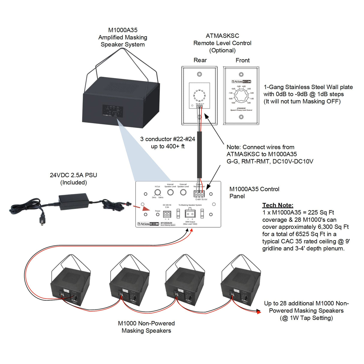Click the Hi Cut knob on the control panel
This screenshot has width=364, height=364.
pyautogui.click(x=157, y=192)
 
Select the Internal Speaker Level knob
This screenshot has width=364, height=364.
pyautogui.click(x=170, y=192)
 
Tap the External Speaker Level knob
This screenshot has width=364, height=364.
pyautogui.click(x=183, y=192)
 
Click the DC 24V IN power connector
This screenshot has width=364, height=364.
pyautogui.click(x=167, y=214)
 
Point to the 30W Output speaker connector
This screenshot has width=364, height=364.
pyautogui.click(x=190, y=214)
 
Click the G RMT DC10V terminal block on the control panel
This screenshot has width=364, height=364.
pyautogui.click(x=199, y=194)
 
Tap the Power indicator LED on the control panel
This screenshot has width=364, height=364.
pyautogui.click(x=158, y=214)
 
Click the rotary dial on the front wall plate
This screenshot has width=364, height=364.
pyautogui.click(x=241, y=96)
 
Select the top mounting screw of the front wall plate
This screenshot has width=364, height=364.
pyautogui.click(x=241, y=74)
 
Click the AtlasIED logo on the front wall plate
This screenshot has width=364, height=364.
pyautogui.click(x=241, y=82)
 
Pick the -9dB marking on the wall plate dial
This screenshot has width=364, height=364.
pyautogui.click(x=233, y=103)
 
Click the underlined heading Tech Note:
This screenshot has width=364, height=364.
pyautogui.click(x=278, y=205)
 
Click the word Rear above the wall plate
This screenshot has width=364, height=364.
pyautogui.click(x=200, y=60)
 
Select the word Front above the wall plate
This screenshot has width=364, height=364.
pyautogui.click(x=243, y=60)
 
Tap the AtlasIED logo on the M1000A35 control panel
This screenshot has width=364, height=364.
pyautogui.click(x=148, y=224)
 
